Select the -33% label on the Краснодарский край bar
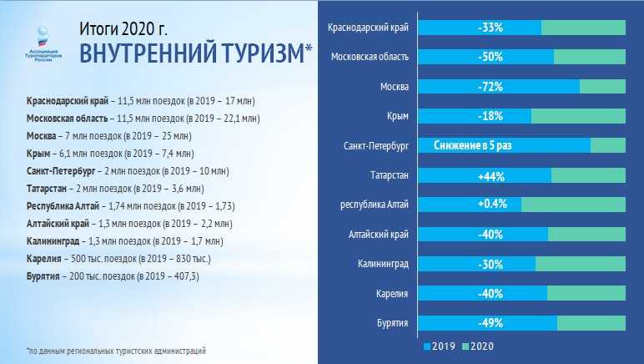[x=491, y=28]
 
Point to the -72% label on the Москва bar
[x=491, y=86]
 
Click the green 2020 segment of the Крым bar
[x=577, y=116]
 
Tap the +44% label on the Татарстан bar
[x=491, y=175]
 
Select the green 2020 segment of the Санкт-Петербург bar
[x=607, y=145]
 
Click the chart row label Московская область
[x=370, y=57]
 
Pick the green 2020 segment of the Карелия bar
[x=586, y=293]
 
